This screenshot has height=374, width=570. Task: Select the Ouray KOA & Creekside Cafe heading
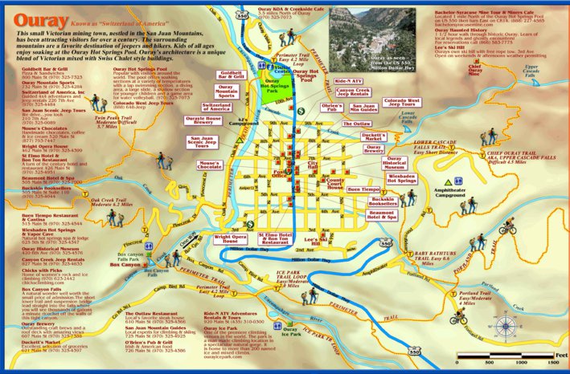(x=290, y=8)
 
